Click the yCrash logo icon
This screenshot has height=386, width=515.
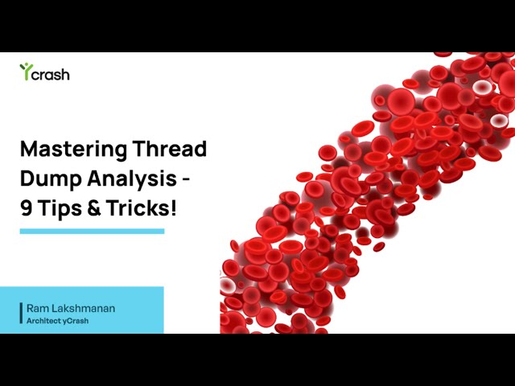[25, 72]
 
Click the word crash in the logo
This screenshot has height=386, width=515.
[51, 75]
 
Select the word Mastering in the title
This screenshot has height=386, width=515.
[72, 150]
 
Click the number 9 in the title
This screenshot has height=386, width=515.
[27, 207]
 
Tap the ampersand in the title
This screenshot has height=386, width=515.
[95, 207]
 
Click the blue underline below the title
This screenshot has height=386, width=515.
[92, 232]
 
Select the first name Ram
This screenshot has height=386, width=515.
[37, 308]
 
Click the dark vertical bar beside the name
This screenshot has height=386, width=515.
[21, 314]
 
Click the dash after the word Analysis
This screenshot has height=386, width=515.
[187, 179]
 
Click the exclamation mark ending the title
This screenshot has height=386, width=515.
[173, 207]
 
